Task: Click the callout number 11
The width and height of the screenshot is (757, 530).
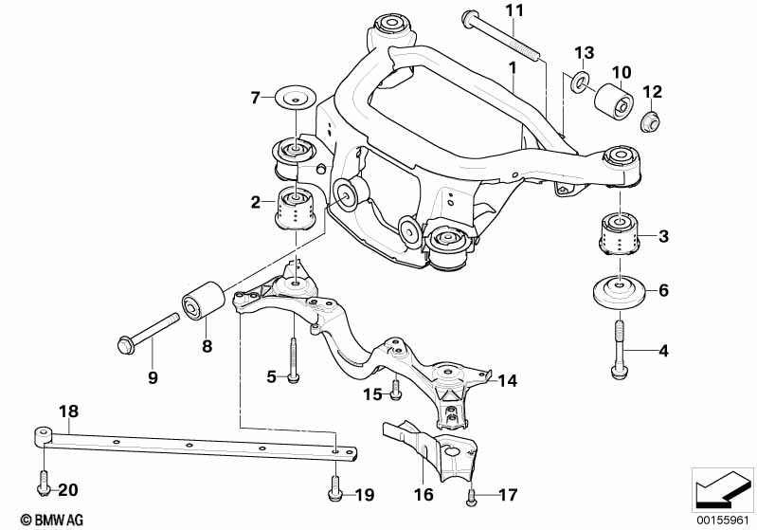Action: (514, 10)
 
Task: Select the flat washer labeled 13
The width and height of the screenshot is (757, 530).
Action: (580, 81)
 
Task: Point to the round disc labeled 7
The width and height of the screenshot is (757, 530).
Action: (296, 99)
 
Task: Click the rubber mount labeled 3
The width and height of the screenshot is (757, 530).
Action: (619, 233)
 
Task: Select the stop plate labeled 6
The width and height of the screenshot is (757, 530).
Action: (619, 290)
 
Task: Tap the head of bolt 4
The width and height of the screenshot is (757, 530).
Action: (618, 373)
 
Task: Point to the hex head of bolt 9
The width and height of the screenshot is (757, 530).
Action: (124, 345)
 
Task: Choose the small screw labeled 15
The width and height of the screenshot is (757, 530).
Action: (395, 390)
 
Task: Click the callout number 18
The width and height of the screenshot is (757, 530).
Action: (68, 411)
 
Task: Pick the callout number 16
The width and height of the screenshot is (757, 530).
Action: (424, 494)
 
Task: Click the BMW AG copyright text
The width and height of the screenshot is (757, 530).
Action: (52, 520)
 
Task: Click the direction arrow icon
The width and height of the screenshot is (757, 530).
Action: (722, 489)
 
